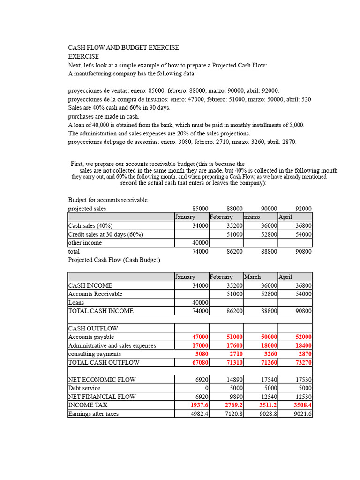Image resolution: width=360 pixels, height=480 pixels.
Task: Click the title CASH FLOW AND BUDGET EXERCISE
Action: point(123,48)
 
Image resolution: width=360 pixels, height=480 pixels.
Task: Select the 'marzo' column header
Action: point(252,217)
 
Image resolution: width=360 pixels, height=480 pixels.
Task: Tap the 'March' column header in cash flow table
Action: point(252,277)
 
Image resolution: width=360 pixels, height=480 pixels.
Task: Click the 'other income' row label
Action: point(85,243)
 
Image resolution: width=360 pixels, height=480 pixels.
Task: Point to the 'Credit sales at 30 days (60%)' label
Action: point(105,234)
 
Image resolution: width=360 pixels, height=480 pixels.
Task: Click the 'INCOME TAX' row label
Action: point(88,405)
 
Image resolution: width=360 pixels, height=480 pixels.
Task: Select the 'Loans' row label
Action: point(76,302)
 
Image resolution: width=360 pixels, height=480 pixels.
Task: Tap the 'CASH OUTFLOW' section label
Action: point(93,328)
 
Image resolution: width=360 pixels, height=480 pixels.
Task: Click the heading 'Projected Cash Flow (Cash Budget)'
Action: point(114,260)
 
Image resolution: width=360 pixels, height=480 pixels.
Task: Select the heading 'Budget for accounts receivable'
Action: point(108,200)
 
